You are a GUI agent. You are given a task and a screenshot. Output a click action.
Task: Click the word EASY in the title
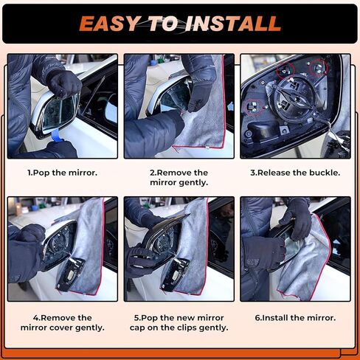(x=110, y=24)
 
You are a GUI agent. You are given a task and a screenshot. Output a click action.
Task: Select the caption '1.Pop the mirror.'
(x=62, y=173)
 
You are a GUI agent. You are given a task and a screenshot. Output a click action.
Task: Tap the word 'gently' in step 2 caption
(x=190, y=182)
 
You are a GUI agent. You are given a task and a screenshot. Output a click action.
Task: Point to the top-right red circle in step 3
(x=318, y=68)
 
